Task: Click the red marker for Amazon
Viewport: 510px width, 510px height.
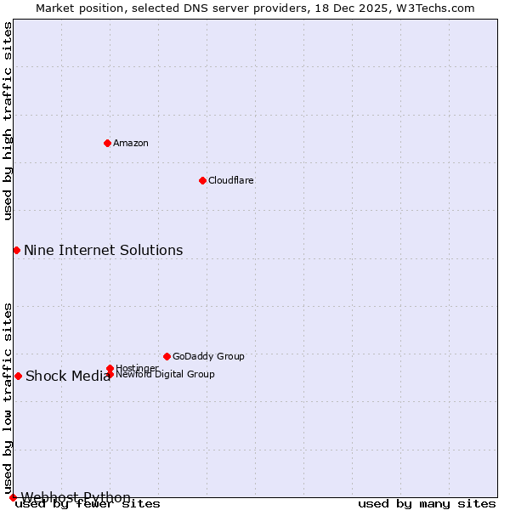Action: [107, 143]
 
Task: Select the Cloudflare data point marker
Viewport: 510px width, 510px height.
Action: [202, 180]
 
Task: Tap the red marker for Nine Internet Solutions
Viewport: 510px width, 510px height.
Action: [16, 250]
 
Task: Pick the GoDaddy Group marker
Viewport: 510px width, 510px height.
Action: [167, 356]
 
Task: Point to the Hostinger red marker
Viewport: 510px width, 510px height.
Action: [110, 368]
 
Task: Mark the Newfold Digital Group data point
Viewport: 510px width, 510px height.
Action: [110, 374]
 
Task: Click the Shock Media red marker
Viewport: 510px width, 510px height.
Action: [18, 376]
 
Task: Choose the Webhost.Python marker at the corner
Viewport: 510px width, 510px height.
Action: [13, 497]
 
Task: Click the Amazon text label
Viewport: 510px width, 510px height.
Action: [131, 143]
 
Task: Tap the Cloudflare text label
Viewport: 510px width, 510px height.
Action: [231, 180]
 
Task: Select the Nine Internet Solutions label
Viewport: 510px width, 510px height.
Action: [103, 250]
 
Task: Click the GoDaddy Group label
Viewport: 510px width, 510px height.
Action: [208, 356]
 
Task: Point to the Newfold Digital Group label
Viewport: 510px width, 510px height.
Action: [165, 374]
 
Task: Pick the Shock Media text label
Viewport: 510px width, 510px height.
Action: [68, 377]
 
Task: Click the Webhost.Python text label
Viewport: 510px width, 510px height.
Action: [76, 497]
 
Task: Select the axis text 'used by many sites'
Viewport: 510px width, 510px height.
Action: [427, 504]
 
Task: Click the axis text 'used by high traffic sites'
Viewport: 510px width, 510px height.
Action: [8, 121]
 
